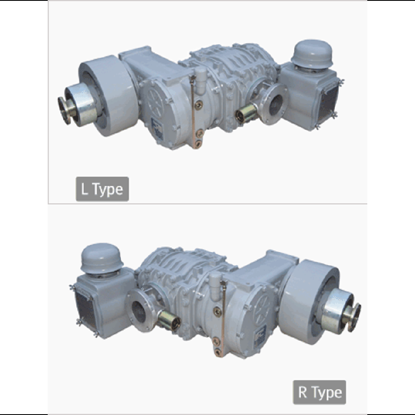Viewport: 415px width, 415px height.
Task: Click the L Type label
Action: click(x=102, y=189)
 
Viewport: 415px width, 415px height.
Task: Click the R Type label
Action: click(x=320, y=392)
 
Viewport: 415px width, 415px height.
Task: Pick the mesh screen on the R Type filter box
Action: click(x=85, y=309)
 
